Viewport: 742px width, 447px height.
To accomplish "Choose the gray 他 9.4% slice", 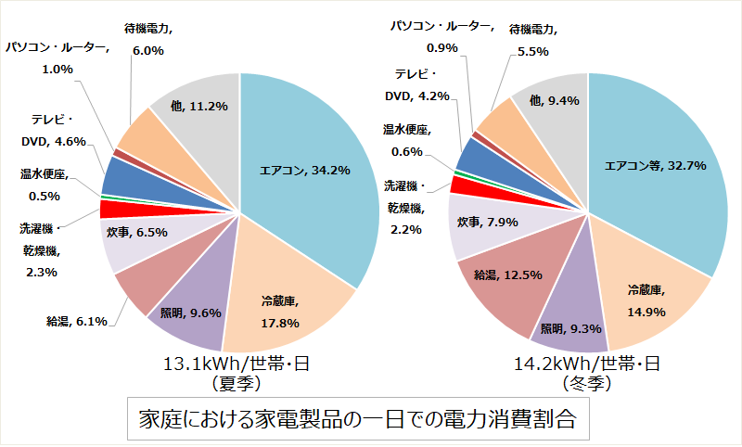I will tap(554, 100).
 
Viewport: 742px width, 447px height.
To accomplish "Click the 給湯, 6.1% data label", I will tap(78, 321).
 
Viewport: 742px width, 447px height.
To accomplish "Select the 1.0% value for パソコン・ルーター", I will tap(58, 70).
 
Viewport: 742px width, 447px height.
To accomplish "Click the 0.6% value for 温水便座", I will tap(406, 152).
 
